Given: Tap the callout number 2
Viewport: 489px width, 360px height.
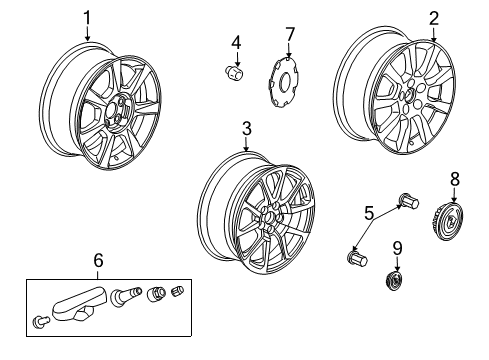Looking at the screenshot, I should (x=434, y=17).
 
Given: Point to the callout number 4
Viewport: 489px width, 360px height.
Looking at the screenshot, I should (x=236, y=42).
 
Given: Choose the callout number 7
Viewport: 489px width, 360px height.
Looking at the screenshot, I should (x=290, y=35).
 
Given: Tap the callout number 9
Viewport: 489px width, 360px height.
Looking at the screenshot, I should (x=397, y=248).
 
